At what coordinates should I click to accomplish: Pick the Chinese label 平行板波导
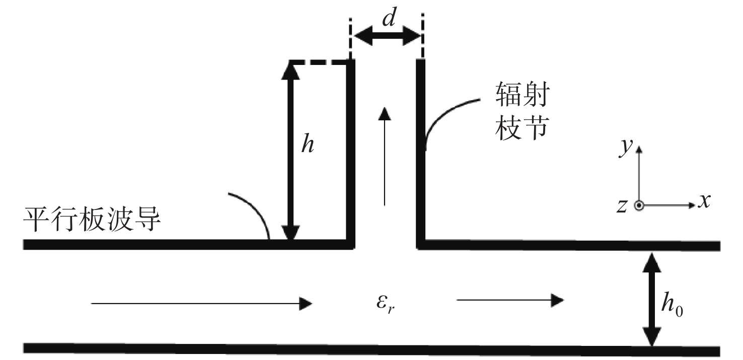point(92,220)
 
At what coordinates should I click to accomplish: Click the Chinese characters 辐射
point(523,95)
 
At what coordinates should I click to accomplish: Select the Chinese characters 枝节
point(522,128)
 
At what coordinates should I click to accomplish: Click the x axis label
point(704,200)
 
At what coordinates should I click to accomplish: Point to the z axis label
point(622,206)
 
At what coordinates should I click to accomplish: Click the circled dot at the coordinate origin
point(639,206)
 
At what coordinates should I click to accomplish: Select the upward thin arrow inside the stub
point(385,156)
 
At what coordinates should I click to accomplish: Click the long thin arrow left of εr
point(202,304)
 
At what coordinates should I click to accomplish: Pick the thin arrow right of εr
point(510,300)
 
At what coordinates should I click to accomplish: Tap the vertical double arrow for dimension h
point(290,151)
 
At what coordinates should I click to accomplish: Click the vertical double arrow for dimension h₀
point(652,300)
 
